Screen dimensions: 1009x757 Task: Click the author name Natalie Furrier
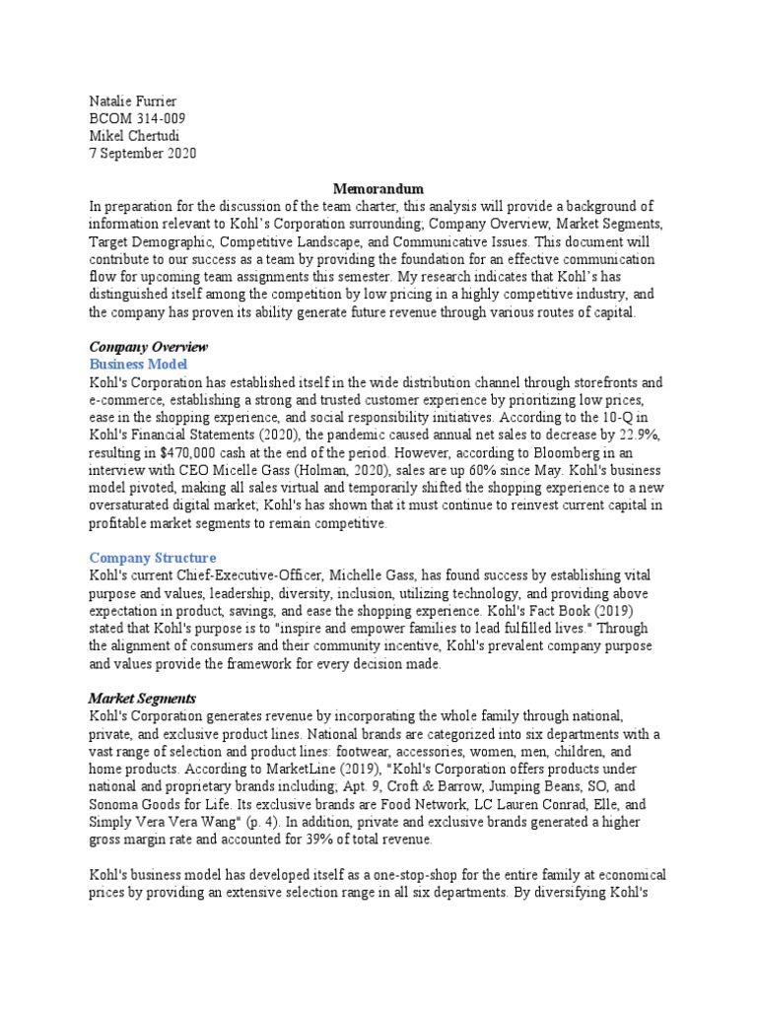tap(134, 101)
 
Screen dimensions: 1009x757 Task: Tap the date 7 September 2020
tap(143, 153)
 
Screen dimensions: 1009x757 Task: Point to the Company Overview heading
tap(149, 347)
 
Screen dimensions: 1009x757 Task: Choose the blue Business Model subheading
tap(138, 365)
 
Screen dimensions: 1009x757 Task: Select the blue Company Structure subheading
tap(153, 558)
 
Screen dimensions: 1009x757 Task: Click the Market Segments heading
tap(143, 698)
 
